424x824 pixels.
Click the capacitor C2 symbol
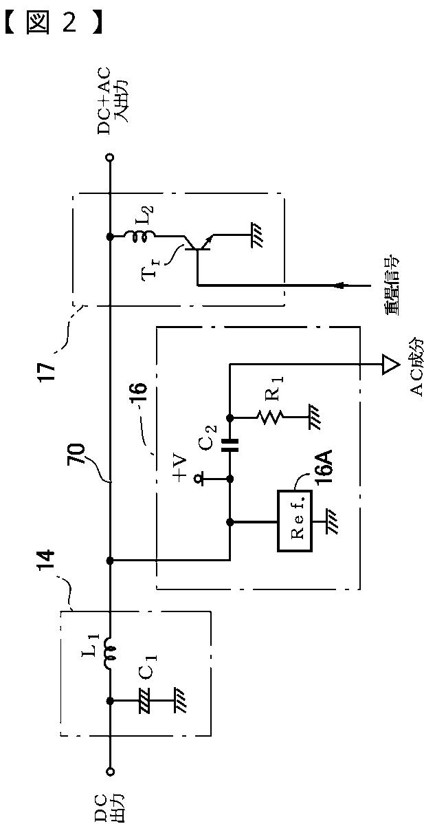pos(230,444)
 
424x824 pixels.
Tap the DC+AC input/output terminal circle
pos(110,157)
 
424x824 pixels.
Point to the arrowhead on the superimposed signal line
pos(341,285)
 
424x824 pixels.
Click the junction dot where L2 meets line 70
pos(110,237)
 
